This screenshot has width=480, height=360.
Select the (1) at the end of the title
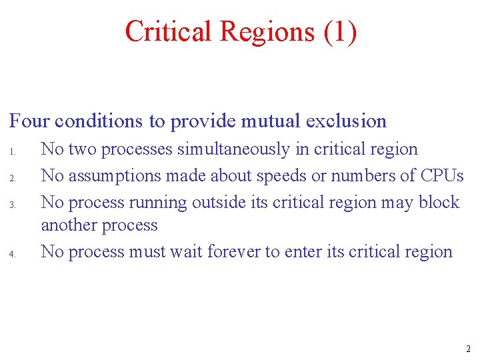340,32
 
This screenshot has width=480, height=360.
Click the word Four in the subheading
29,121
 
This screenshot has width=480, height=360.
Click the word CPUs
442,175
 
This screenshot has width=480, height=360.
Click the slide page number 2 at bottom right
468,349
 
